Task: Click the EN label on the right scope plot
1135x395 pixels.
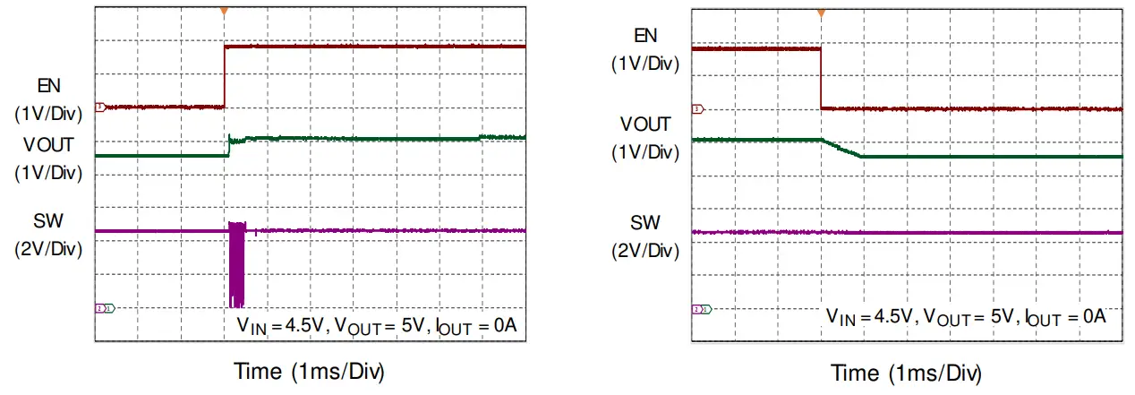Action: click(x=645, y=36)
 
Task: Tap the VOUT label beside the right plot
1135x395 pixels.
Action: click(x=645, y=124)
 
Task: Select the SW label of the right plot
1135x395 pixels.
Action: click(x=645, y=222)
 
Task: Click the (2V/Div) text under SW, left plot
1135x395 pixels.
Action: click(x=48, y=249)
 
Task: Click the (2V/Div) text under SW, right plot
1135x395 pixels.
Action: click(x=645, y=250)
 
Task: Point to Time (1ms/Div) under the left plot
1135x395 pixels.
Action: click(x=309, y=371)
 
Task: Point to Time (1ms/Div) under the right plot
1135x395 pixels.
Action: click(x=906, y=373)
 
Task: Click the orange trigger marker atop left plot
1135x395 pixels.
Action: click(x=224, y=12)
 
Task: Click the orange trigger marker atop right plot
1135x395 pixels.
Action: click(x=820, y=13)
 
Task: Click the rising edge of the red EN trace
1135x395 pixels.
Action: click(x=224, y=76)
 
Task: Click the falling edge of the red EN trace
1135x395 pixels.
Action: click(x=820, y=79)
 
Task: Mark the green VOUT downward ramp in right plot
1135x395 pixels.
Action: click(x=841, y=149)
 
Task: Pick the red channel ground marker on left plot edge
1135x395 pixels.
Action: click(x=100, y=107)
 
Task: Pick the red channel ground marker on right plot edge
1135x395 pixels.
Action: click(x=697, y=108)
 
